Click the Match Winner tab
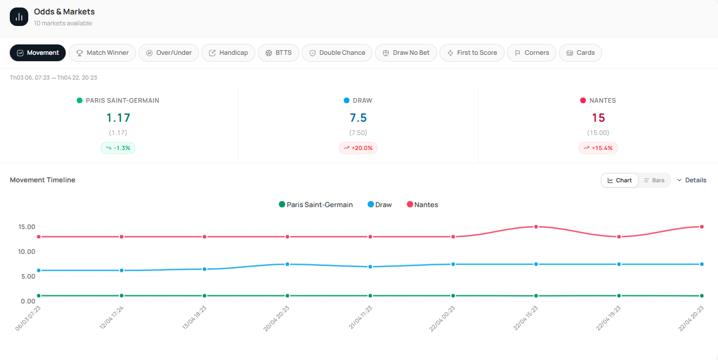pyautogui.click(x=103, y=52)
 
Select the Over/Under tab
pyautogui.click(x=169, y=52)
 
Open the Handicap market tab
pyautogui.click(x=228, y=52)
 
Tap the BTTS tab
pyautogui.click(x=279, y=52)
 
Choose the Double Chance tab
pyautogui.click(x=337, y=52)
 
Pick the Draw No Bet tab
pyautogui.click(x=406, y=52)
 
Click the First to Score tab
pyautogui.click(x=472, y=52)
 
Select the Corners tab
pyautogui.click(x=532, y=52)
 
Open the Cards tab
pyautogui.click(x=580, y=52)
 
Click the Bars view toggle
pyautogui.click(x=654, y=181)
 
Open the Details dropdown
pyautogui.click(x=691, y=181)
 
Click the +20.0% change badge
pyautogui.click(x=358, y=148)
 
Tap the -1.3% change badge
pyautogui.click(x=118, y=148)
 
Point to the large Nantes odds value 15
pyautogui.click(x=598, y=118)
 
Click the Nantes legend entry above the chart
pyautogui.click(x=423, y=205)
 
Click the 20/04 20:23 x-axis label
pyautogui.click(x=276, y=318)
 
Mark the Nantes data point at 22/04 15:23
pyautogui.click(x=536, y=227)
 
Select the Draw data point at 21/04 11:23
pyautogui.click(x=370, y=267)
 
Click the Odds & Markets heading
pyautogui.click(x=64, y=12)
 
